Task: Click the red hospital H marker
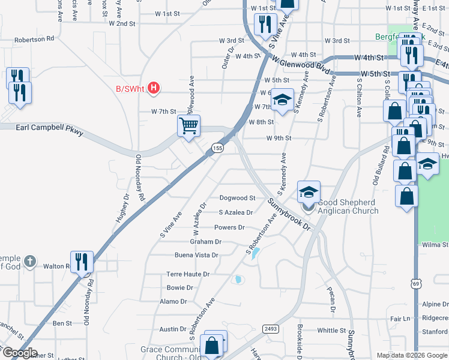click(x=154, y=89)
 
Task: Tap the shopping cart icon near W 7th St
click(x=188, y=126)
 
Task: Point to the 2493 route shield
click(x=270, y=328)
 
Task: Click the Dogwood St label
click(x=237, y=197)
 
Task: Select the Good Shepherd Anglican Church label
click(x=348, y=206)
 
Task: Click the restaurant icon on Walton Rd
click(x=82, y=262)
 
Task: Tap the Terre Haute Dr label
click(x=187, y=274)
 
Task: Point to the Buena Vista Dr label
click(x=196, y=255)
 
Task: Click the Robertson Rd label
click(x=34, y=38)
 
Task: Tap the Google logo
click(x=20, y=353)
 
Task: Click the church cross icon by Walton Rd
click(x=31, y=262)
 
